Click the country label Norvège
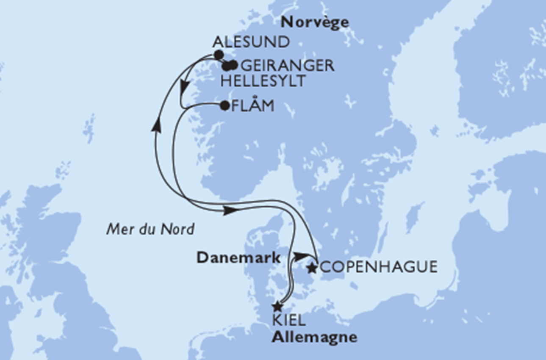pos(316,22)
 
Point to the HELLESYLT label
pos(263,81)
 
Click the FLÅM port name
pos(253,105)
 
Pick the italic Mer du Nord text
pos(150,229)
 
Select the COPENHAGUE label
pos(378,267)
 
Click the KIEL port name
pos(290,320)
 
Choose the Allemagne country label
pos(314,337)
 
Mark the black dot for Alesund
pos(218,55)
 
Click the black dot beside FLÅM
pos(224,106)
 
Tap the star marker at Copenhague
pos(312,268)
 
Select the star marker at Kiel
pos(277,306)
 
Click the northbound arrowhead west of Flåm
pos(157,125)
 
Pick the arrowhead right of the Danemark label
pos(300,256)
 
